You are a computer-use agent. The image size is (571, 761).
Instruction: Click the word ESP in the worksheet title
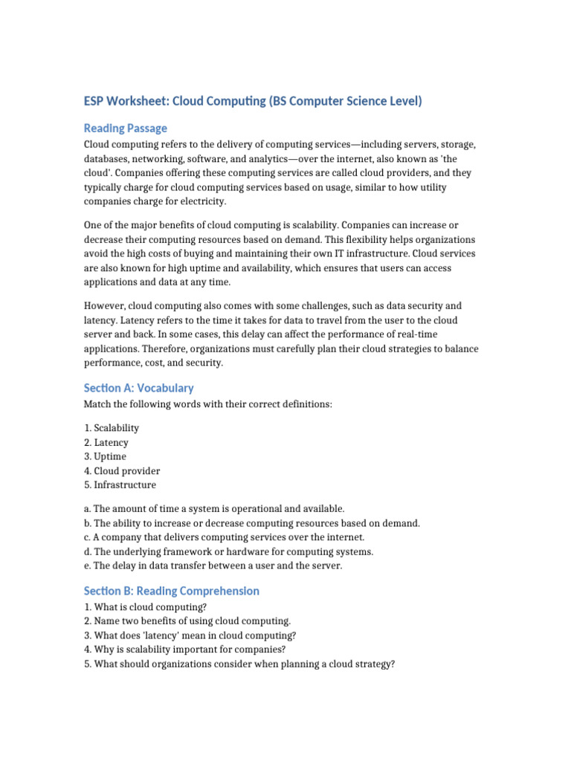[x=96, y=100]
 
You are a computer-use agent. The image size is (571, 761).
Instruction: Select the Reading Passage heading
[x=125, y=128]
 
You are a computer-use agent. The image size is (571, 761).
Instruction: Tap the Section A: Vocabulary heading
[x=138, y=387]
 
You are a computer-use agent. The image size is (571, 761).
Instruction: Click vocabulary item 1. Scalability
[x=112, y=428]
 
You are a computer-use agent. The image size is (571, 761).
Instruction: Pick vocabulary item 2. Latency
[x=106, y=442]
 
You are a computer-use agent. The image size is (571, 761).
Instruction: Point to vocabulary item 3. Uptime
[x=105, y=456]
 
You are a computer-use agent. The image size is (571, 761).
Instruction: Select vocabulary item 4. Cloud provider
[x=122, y=470]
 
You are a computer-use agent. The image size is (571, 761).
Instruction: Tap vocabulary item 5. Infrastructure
[x=120, y=485]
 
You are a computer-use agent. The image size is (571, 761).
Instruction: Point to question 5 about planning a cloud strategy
[x=239, y=664]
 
